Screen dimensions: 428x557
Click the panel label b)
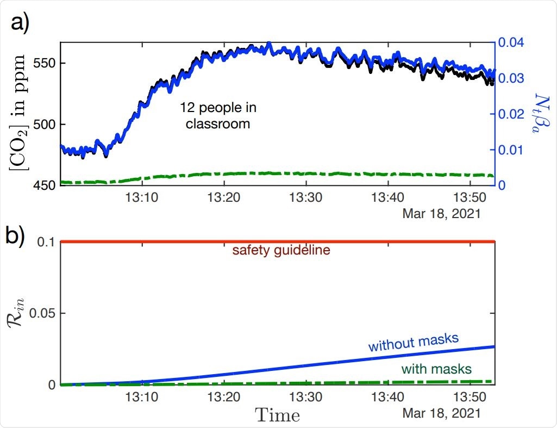pyautogui.click(x=19, y=238)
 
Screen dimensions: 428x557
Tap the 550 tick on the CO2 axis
pyautogui.click(x=43, y=63)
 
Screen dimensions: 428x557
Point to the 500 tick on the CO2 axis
pyautogui.click(x=43, y=124)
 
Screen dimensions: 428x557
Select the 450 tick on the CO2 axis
pyautogui.click(x=43, y=185)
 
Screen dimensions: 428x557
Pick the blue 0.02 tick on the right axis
pyautogui.click(x=512, y=114)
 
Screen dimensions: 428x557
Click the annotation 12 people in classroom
pyautogui.click(x=218, y=116)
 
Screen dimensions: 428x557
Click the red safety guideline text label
pyautogui.click(x=281, y=251)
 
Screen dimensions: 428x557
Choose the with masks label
pyautogui.click(x=436, y=369)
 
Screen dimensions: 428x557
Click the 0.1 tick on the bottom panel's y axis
pyautogui.click(x=47, y=241)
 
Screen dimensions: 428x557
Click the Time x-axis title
pyautogui.click(x=278, y=416)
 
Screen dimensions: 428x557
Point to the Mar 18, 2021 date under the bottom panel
pyautogui.click(x=441, y=413)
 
